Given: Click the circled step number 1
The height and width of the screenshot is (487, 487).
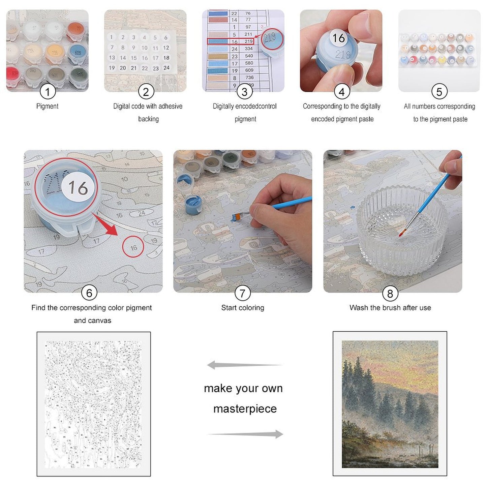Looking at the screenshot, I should (x=48, y=92).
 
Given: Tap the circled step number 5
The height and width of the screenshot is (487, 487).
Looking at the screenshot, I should (x=439, y=92).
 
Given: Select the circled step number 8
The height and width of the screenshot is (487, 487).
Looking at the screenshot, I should (x=390, y=294).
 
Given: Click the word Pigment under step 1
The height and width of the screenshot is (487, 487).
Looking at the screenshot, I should (x=47, y=106).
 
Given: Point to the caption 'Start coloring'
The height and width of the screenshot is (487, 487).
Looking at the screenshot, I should (x=243, y=308).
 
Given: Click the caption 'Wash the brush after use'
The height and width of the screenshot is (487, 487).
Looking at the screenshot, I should (x=390, y=308).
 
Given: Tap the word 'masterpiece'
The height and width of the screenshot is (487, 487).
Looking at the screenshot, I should (x=245, y=409).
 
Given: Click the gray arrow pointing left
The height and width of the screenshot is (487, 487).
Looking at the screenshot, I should (x=244, y=365).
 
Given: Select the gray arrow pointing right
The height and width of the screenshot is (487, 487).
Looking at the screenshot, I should (x=245, y=434).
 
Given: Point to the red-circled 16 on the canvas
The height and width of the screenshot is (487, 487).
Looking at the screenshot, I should (x=133, y=248).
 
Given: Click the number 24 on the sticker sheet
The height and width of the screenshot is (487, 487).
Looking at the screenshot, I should (x=166, y=68).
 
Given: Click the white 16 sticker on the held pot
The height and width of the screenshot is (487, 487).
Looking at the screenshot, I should (x=338, y=38).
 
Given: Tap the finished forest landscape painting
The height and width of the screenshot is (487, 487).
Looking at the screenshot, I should (x=390, y=404).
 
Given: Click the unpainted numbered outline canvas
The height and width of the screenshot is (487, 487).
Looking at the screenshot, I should (x=93, y=404).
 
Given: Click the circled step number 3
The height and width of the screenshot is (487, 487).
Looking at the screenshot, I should (x=244, y=92).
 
